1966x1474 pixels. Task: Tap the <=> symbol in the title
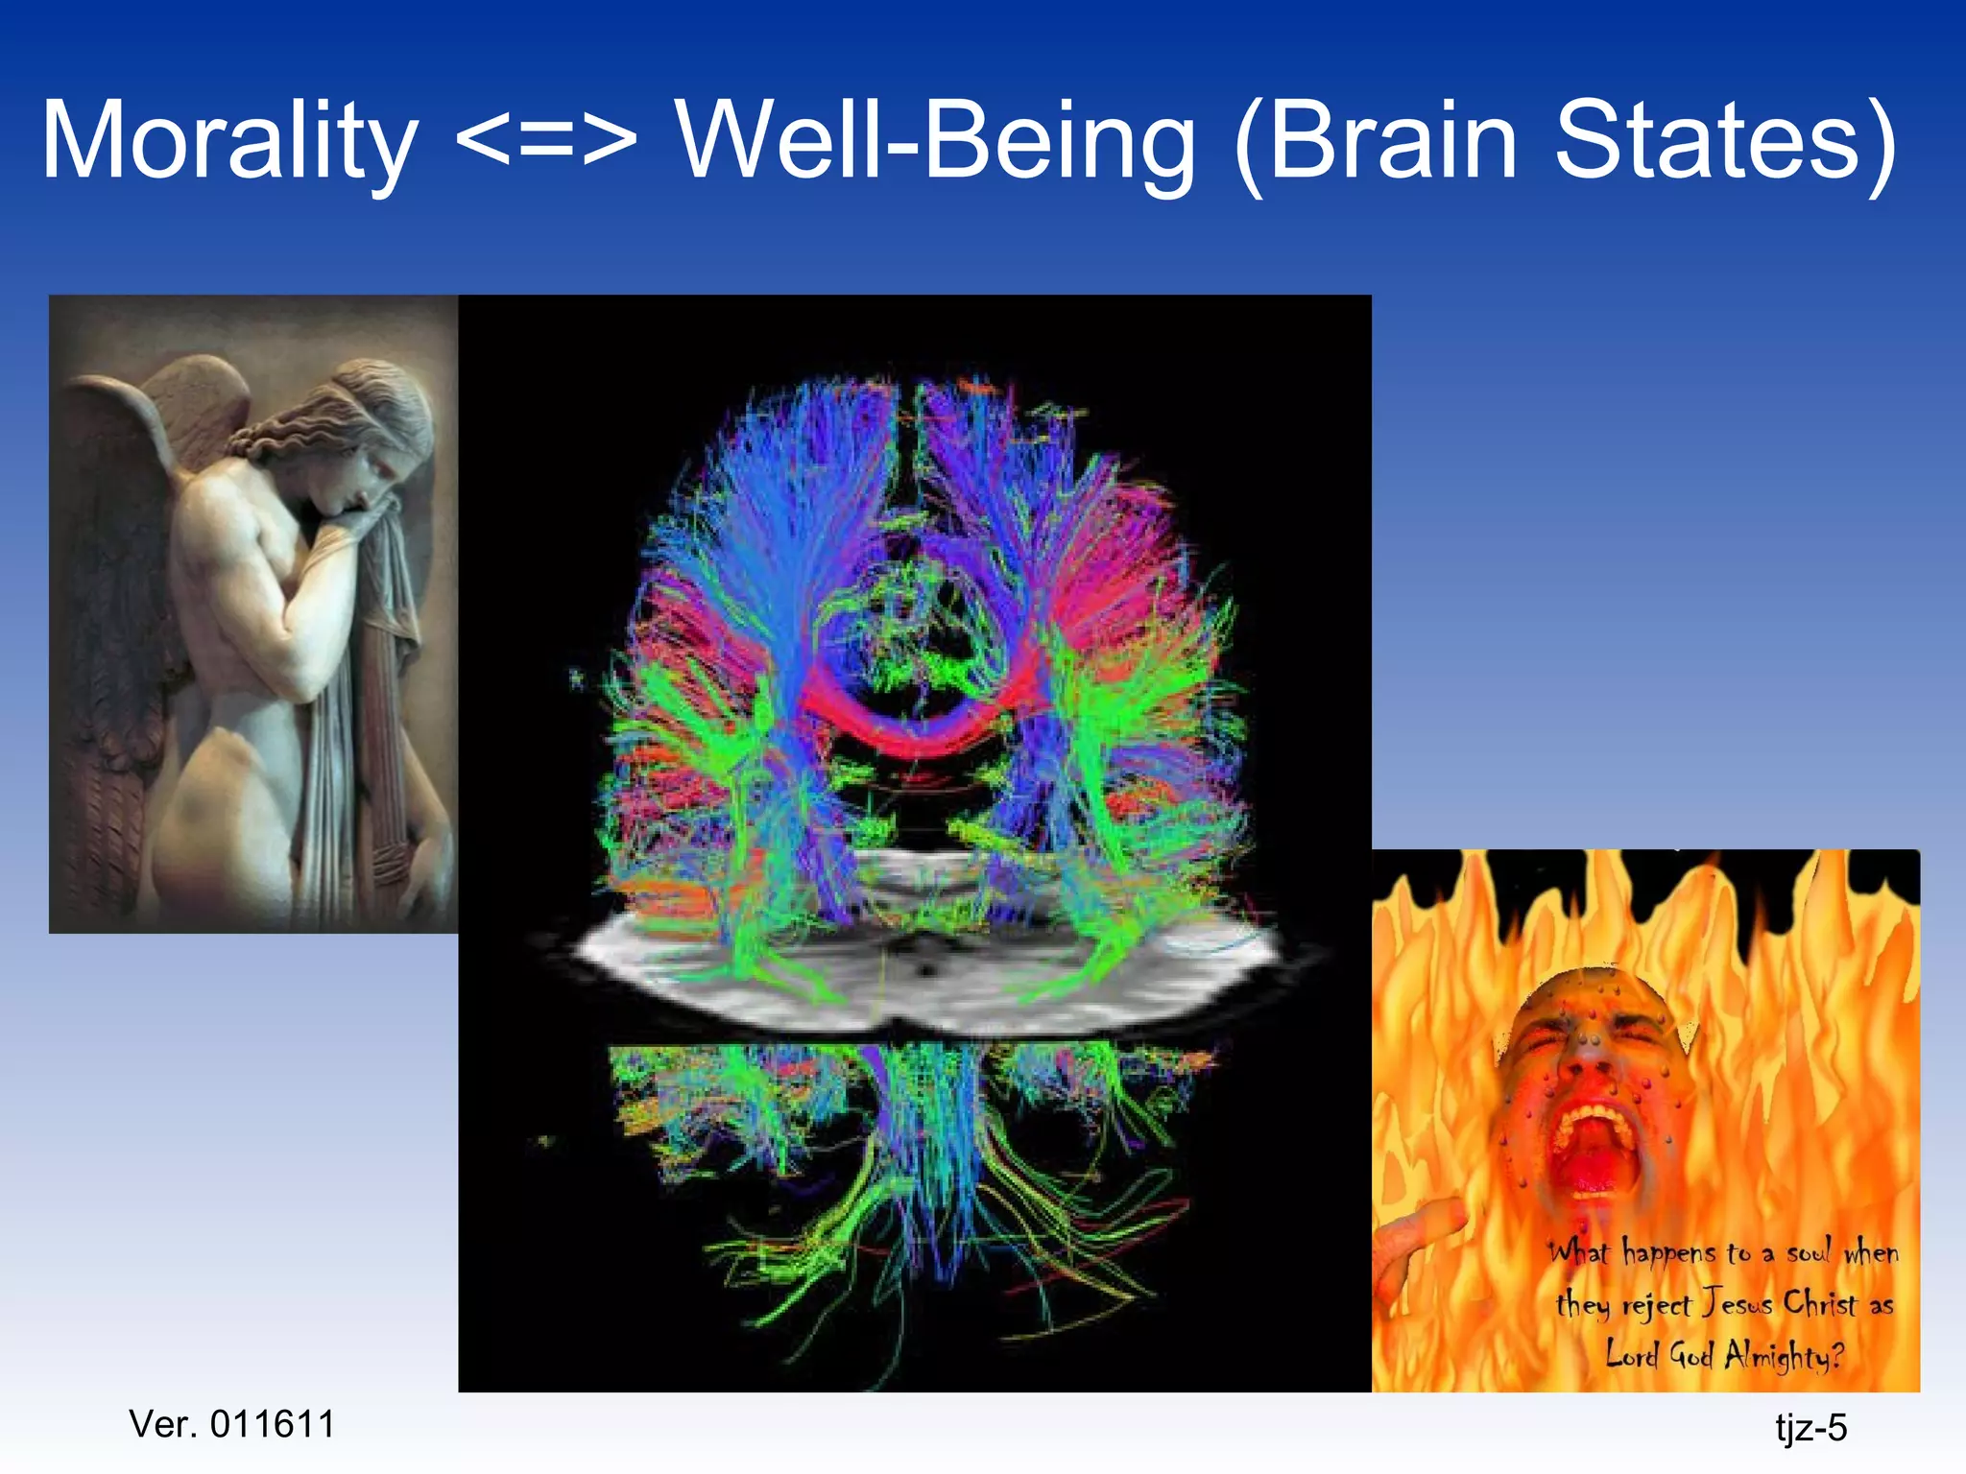tap(545, 142)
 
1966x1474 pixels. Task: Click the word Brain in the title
tap(1392, 142)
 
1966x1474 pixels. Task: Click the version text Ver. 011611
tap(231, 1424)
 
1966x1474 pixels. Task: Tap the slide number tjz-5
tap(1810, 1428)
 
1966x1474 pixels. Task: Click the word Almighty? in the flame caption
tap(1784, 1355)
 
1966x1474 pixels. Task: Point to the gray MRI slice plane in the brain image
tap(922, 969)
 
